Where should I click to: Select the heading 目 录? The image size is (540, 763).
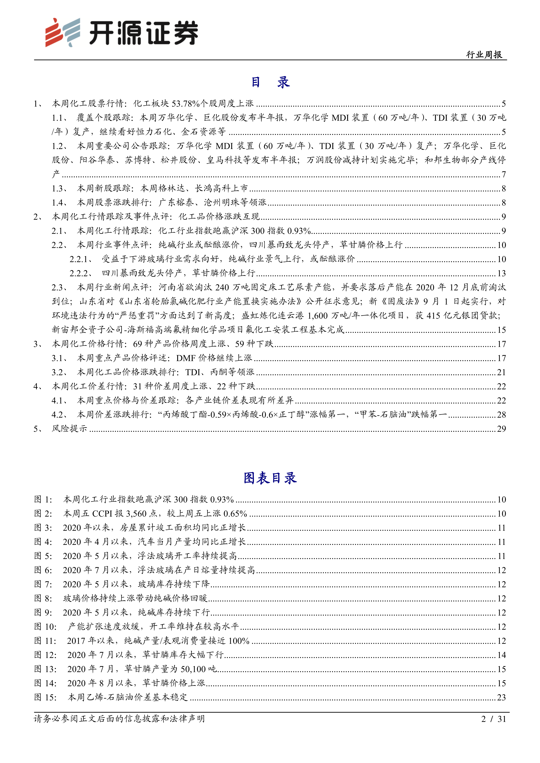tap(270, 82)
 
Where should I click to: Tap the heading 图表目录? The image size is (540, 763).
tap(270, 478)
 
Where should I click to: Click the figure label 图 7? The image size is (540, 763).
tap(43, 584)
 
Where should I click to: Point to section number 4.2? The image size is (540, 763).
tap(59, 414)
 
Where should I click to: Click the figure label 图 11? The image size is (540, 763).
tap(45, 641)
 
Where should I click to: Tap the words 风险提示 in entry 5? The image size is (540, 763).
tap(69, 429)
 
